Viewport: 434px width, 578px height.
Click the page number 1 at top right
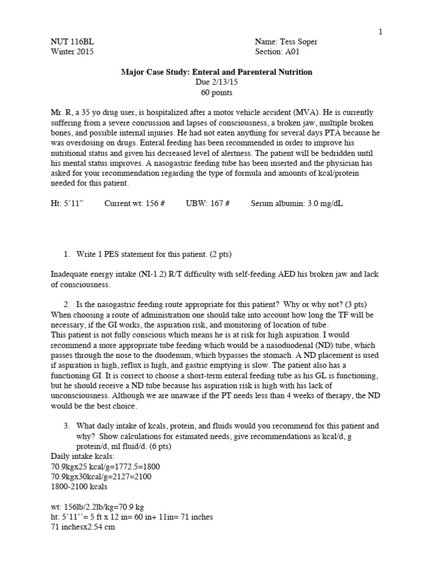(x=381, y=32)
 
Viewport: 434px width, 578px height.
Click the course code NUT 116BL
(x=68, y=42)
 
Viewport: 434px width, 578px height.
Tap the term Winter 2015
(x=72, y=51)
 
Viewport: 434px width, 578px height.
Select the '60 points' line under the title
(x=216, y=92)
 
